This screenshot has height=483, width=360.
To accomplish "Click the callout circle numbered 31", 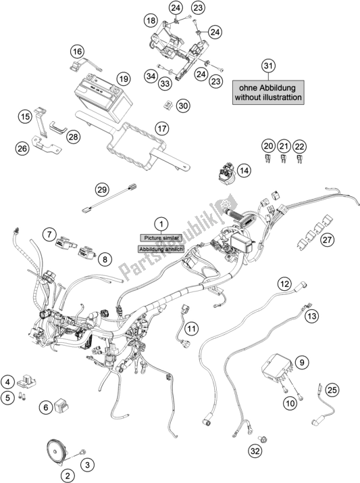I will [x=269, y=66].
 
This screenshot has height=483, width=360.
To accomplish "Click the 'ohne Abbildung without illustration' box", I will [x=269, y=92].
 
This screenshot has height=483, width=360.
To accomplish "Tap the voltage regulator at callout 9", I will [x=277, y=370].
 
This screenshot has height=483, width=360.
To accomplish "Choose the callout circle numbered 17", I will [x=161, y=128].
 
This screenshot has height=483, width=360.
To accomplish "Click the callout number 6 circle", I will [x=47, y=407].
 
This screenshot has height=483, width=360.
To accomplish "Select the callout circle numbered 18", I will [x=151, y=22].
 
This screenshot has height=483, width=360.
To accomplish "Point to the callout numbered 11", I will [x=192, y=329].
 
